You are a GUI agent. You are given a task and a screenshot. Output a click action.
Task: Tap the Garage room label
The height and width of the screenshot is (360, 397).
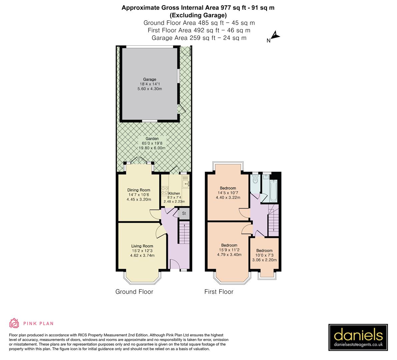click(x=150, y=79)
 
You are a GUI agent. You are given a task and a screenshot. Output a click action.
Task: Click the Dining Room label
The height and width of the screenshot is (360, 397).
click(x=139, y=190)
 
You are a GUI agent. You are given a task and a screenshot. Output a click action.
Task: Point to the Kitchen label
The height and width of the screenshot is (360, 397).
click(x=174, y=193)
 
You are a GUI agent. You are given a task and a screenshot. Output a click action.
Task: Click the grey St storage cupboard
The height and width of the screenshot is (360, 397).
click(x=184, y=214)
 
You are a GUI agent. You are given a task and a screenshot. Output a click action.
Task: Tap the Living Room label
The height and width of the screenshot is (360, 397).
click(x=142, y=246)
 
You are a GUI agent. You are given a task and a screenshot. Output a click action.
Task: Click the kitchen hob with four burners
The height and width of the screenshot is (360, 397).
click(x=165, y=190)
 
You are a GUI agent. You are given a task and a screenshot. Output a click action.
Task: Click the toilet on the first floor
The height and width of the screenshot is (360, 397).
click(x=255, y=180)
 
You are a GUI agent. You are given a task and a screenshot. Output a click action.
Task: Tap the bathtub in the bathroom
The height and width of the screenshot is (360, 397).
click(x=273, y=190)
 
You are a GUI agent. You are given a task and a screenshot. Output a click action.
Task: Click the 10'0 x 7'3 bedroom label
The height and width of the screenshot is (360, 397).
click(x=264, y=251)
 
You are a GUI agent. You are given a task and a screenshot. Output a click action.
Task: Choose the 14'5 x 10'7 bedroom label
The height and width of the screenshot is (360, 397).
click(x=228, y=188)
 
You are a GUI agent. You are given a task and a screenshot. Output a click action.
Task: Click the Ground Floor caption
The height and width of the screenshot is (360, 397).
click(x=134, y=292)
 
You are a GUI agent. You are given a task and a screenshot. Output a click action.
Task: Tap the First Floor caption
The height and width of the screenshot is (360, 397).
click(x=219, y=292)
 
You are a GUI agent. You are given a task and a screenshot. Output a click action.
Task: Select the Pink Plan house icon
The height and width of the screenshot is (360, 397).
click(x=14, y=323)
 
